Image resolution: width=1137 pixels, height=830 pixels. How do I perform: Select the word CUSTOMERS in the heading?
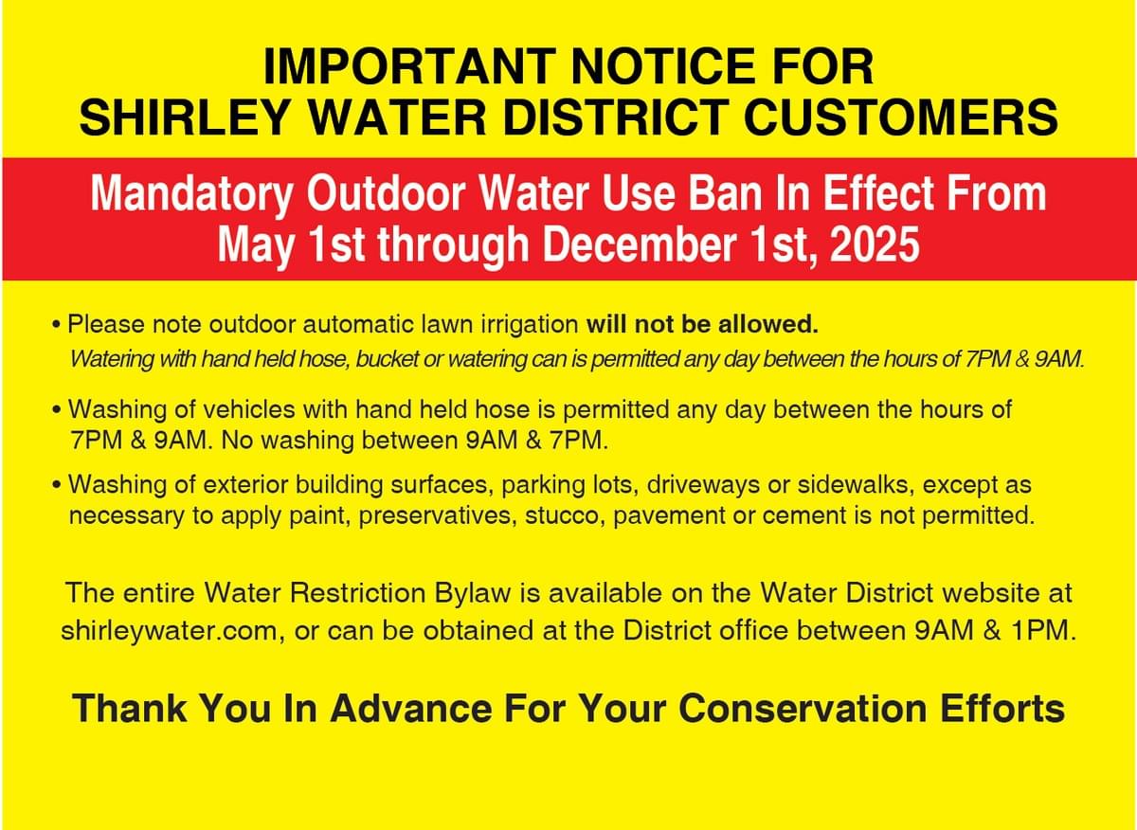(x=901, y=117)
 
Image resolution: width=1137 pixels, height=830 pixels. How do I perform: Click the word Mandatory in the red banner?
(x=191, y=194)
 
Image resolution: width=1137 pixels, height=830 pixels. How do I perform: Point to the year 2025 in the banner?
(x=875, y=244)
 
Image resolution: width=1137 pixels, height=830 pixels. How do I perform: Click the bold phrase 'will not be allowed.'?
(x=702, y=324)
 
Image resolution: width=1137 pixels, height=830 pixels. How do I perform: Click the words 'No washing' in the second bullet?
(x=287, y=441)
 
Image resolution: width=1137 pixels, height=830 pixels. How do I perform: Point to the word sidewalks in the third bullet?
(x=856, y=485)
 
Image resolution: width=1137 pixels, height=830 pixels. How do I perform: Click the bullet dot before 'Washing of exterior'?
(x=56, y=486)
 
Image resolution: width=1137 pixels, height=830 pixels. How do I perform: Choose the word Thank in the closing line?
(x=129, y=708)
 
